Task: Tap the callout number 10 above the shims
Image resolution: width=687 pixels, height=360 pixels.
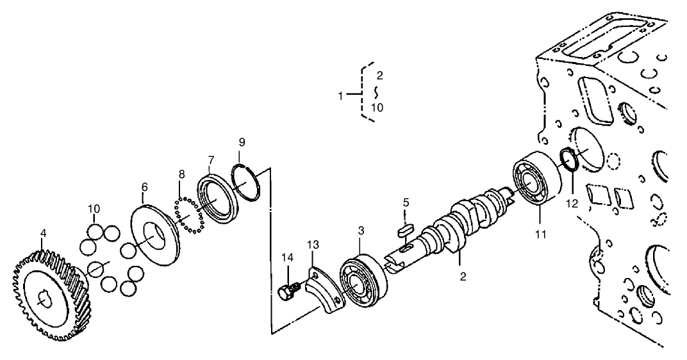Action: pyautogui.click(x=94, y=209)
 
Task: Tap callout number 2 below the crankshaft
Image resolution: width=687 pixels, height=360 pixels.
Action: pyautogui.click(x=463, y=277)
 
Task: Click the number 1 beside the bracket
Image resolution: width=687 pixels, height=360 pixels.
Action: pyautogui.click(x=341, y=95)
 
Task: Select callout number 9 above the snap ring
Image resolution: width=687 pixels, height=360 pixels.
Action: pyautogui.click(x=242, y=142)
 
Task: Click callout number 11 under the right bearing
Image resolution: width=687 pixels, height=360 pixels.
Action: pyautogui.click(x=542, y=234)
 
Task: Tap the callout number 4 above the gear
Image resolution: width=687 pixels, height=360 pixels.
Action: pyautogui.click(x=43, y=233)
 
